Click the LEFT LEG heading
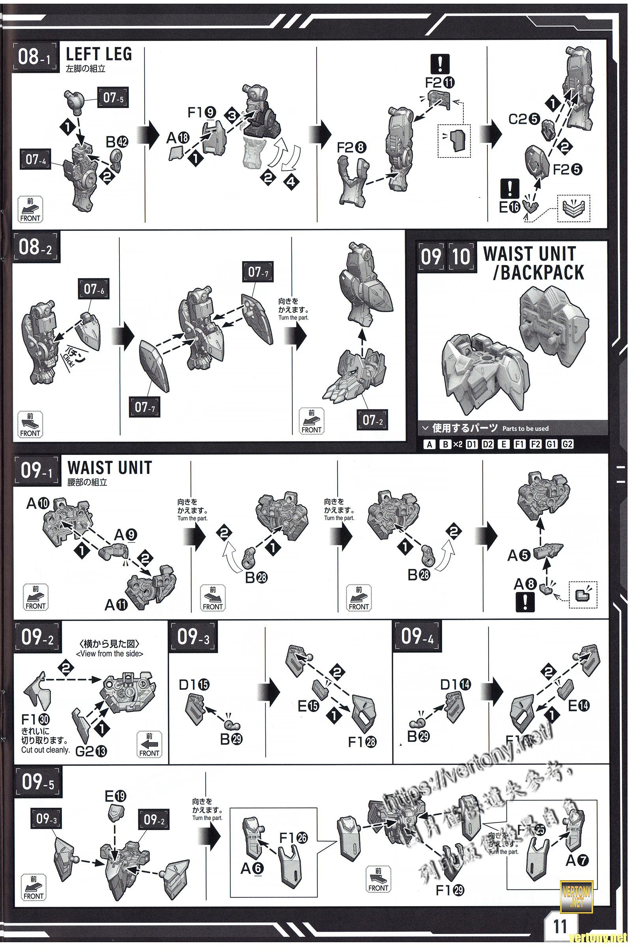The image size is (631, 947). [x=99, y=54]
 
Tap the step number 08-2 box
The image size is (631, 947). [x=35, y=247]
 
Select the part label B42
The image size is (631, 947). [x=117, y=142]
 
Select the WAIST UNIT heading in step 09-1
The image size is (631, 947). [x=110, y=468]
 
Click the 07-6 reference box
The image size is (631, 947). [x=93, y=289]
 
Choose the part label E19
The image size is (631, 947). [x=116, y=796]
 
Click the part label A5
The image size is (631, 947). [x=517, y=556]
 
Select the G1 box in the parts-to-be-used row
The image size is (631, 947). [x=551, y=444]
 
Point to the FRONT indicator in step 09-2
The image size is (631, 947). [x=149, y=745]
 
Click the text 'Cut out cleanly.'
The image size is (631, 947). [x=45, y=750]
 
